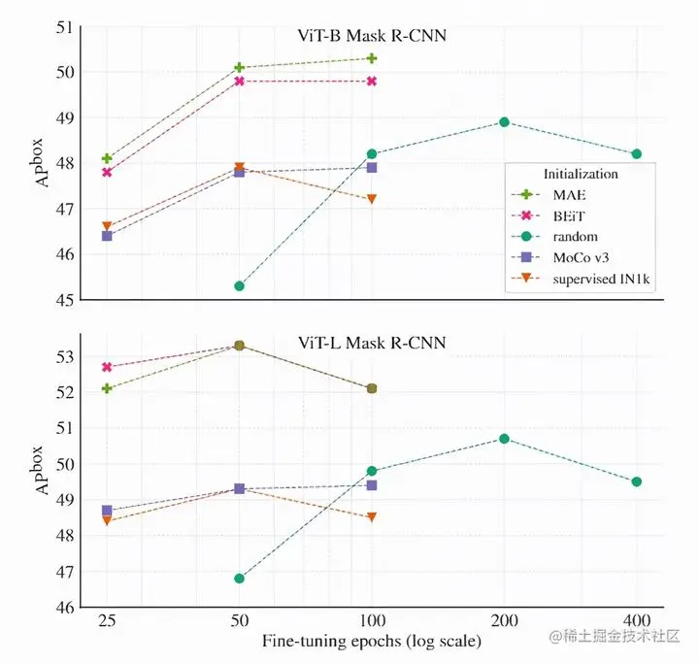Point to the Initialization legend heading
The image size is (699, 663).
[581, 175]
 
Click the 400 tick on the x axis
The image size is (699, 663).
[637, 619]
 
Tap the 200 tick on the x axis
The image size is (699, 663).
[504, 619]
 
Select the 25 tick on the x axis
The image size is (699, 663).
[107, 619]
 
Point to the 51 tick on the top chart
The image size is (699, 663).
[68, 26]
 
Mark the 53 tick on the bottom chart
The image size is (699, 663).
[68, 356]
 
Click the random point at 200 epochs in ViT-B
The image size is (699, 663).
[504, 122]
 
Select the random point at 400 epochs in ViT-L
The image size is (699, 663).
[637, 481]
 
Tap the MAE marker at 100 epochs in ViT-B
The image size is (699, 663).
[372, 58]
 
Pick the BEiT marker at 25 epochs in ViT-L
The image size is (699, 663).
[107, 367]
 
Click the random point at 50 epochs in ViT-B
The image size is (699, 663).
[239, 285]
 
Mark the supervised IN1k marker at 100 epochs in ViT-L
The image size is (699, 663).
[372, 516]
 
